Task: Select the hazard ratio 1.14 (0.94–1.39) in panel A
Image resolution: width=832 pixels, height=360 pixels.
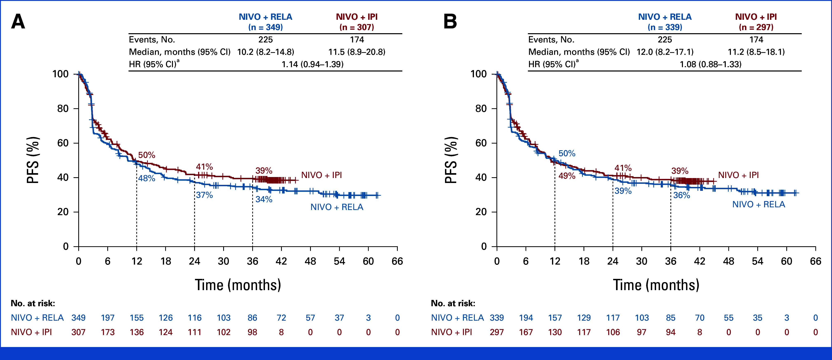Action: (312, 64)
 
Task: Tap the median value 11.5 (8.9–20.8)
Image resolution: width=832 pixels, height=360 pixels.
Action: (357, 52)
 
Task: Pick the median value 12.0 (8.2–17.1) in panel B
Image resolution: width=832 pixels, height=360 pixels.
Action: (665, 52)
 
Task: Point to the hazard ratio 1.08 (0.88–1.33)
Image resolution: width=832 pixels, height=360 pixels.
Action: (711, 64)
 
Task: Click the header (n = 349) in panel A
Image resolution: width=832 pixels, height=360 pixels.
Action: (265, 27)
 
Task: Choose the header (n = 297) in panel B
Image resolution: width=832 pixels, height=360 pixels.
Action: (756, 27)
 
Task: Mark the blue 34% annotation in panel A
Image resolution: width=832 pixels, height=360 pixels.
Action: (264, 199)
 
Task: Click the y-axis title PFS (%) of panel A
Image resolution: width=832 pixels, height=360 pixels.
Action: (33, 160)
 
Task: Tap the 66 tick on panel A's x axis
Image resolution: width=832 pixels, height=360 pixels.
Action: (397, 261)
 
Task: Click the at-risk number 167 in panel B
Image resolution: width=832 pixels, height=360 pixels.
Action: (526, 332)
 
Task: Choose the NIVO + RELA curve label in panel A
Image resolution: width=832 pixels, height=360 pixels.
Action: (337, 207)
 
